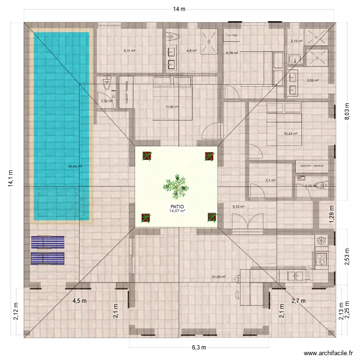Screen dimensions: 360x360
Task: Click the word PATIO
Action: click(x=176, y=205)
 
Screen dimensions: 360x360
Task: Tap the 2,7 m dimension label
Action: click(x=299, y=301)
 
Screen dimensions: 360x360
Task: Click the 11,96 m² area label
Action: click(x=172, y=107)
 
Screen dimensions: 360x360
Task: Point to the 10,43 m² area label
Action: click(x=290, y=134)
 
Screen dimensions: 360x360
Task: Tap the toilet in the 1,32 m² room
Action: click(x=107, y=84)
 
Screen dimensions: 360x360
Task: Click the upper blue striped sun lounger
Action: click(x=47, y=242)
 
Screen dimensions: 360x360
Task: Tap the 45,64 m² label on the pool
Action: click(x=75, y=167)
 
